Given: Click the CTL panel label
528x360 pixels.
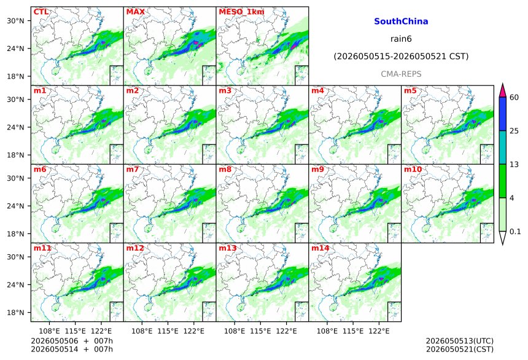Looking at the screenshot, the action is point(41,12).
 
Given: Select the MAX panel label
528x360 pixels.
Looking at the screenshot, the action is point(135,12).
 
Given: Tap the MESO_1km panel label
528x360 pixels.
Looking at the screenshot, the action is point(241,12).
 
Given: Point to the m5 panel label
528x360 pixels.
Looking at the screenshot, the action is point(410,91).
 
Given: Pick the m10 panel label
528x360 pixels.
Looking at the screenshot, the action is point(413,169).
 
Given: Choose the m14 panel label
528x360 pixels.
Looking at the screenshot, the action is point(320,248).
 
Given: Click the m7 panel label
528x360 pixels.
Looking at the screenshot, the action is point(133,169).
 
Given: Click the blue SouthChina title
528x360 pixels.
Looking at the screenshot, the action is point(401,22).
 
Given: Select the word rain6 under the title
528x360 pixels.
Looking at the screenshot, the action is point(401,39).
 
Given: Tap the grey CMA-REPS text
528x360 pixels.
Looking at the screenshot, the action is point(401,74).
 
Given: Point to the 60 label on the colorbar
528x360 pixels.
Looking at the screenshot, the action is point(514,98).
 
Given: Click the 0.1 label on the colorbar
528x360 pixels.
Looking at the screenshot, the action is point(515,232).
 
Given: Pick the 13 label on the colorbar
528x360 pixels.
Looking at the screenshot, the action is point(514,165).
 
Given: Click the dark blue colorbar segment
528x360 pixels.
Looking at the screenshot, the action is point(503,114).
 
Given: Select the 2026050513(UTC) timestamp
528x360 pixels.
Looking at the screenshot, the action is point(460,341).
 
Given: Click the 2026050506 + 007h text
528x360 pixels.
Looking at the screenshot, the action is point(72,341).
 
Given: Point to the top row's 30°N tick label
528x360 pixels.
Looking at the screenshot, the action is point(15,21).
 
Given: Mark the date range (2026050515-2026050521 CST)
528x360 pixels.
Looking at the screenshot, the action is point(401,57).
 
